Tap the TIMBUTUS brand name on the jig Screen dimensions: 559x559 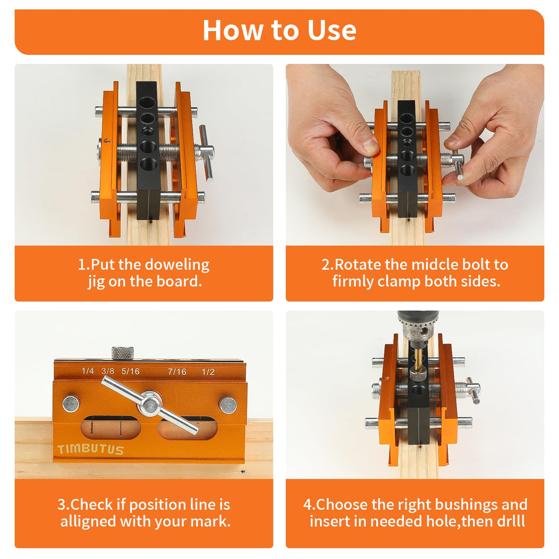point(91,449)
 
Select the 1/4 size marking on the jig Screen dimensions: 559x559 point(87,371)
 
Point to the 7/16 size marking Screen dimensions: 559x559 point(177,372)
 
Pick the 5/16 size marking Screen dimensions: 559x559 point(130,371)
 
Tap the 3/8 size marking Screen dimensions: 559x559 point(108,371)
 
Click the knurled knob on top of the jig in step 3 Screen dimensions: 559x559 point(123,353)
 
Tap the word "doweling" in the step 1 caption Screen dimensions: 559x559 point(177,265)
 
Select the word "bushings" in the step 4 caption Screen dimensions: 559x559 point(466,505)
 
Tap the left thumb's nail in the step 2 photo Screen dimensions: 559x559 point(370,147)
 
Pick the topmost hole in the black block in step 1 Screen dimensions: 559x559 point(147,102)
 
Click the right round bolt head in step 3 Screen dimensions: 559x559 point(228,405)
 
